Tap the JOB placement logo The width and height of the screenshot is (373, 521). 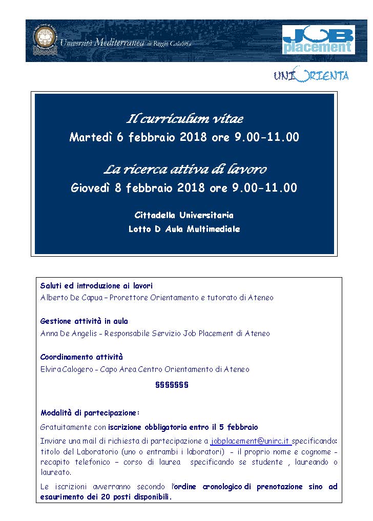(x=318, y=40)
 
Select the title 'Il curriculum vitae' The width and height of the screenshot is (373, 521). (x=184, y=119)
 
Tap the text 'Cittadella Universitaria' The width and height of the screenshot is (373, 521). (x=184, y=215)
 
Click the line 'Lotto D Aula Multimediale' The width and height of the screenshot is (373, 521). (x=184, y=229)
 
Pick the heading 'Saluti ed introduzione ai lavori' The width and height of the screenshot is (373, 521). (x=96, y=286)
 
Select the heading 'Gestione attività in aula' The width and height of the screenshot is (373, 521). (x=84, y=321)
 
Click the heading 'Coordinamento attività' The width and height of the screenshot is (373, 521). (x=81, y=357)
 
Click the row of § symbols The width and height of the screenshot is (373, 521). (x=172, y=385)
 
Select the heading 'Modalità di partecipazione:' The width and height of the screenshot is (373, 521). (x=90, y=412)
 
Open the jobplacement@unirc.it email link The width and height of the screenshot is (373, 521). (x=251, y=441)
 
